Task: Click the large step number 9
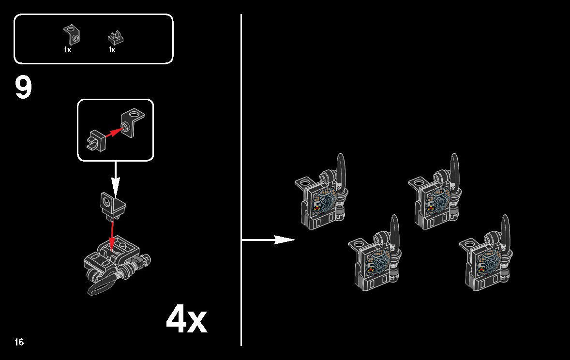click(x=23, y=87)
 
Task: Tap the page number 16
click(x=19, y=342)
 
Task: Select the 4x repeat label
click(x=186, y=319)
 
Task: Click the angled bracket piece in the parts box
click(x=72, y=34)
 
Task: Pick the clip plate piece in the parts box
click(x=116, y=38)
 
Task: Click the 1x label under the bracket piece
click(x=68, y=50)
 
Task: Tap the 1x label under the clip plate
click(x=112, y=50)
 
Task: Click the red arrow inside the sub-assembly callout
click(x=113, y=133)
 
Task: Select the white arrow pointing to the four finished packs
click(x=268, y=240)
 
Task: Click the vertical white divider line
click(x=241, y=180)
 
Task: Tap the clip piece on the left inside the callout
click(x=96, y=141)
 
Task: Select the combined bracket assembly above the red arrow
click(x=113, y=206)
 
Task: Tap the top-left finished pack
click(x=321, y=193)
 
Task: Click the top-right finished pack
click(x=435, y=193)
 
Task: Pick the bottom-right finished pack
click(x=485, y=254)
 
